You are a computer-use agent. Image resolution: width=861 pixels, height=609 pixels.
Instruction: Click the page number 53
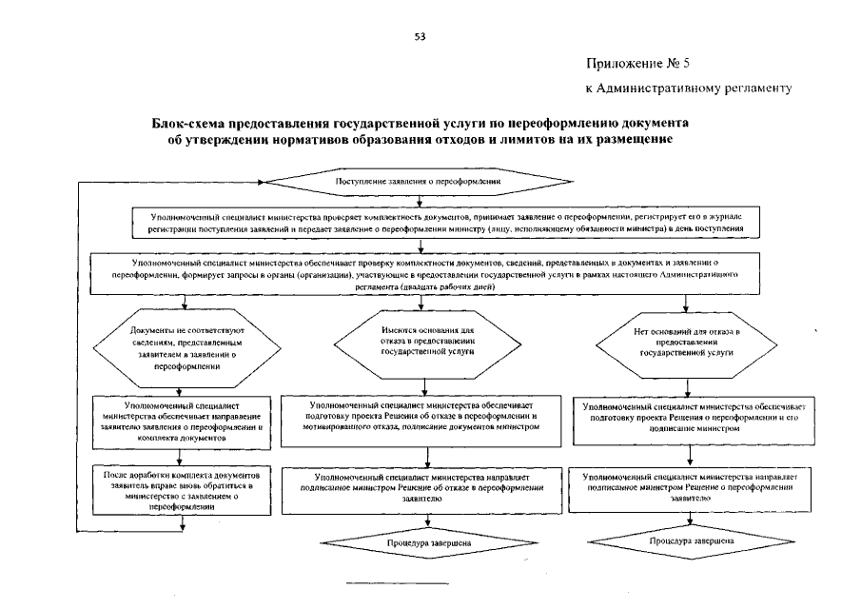420,37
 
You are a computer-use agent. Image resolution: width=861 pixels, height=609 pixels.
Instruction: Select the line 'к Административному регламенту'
688,88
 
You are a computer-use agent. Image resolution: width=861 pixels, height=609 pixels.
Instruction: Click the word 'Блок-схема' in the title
187,124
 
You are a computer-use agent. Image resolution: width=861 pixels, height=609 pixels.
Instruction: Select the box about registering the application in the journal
433,224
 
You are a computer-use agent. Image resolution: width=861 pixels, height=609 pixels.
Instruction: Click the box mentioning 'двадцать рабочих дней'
433,272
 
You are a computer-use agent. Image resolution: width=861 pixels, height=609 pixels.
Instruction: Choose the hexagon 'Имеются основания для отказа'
427,339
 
